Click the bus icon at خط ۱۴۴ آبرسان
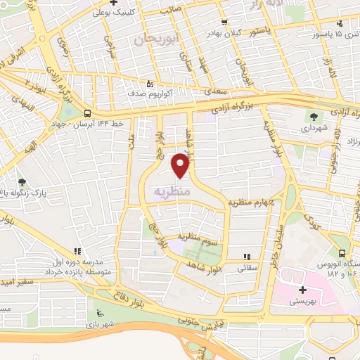[87, 113]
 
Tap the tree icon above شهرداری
[314, 117]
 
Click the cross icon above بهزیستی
[302, 290]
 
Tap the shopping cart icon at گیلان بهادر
[224, 22]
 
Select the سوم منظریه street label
[199, 238]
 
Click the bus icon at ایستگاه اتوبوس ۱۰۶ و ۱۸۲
[342, 253]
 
